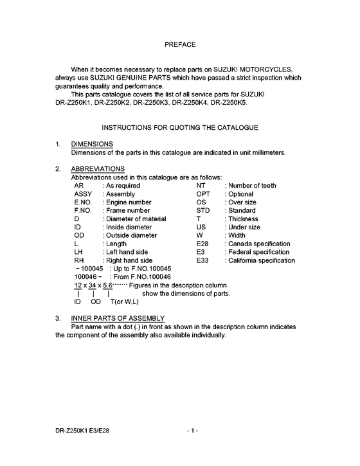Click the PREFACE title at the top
[180, 45]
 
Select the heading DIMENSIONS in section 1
[92, 143]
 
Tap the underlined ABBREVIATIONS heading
[98, 169]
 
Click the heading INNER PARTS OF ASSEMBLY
[118, 319]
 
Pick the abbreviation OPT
[203, 194]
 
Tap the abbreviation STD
[203, 211]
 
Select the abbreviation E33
[203, 261]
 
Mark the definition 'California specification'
[261, 261]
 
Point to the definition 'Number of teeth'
[253, 186]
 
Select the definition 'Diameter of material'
[136, 219]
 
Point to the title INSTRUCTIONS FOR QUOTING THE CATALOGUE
[180, 128]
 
